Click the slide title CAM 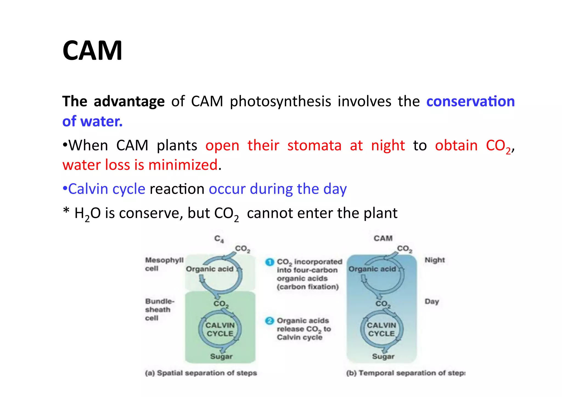point(92,51)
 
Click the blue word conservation point(470,102)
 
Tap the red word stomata point(314,145)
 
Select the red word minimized point(183,165)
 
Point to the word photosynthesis point(280,102)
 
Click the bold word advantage point(129,102)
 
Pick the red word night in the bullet point(388,145)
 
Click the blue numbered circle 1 point(269,262)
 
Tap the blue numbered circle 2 point(269,321)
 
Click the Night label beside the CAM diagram point(434,260)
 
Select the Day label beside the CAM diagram point(432,302)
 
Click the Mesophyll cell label point(164,264)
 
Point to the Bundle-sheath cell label point(159,309)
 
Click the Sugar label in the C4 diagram point(221,356)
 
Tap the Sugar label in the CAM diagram point(383,356)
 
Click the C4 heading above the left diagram point(219,239)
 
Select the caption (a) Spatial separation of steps point(201,373)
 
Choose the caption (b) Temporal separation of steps point(406,373)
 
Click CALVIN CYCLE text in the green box point(220,329)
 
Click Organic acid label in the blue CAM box point(372,269)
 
